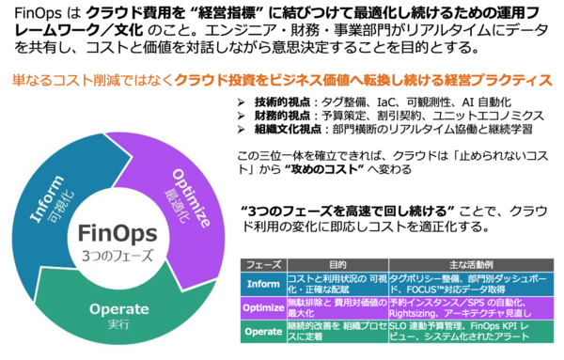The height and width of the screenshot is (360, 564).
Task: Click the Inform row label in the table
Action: tap(263, 283)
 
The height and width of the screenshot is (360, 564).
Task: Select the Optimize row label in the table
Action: tap(263, 309)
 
